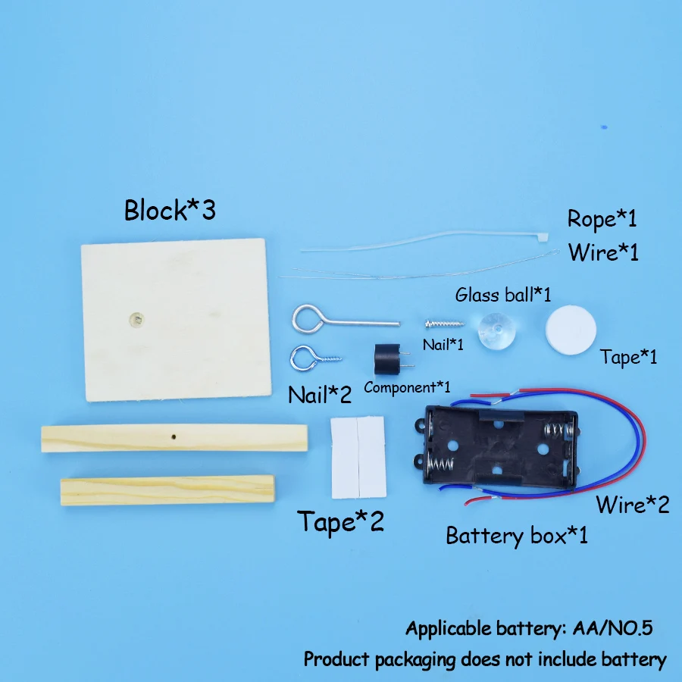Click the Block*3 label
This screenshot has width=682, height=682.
pos(170,210)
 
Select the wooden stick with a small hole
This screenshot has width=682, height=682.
pos(174,438)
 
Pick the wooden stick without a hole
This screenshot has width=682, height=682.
pos(167,490)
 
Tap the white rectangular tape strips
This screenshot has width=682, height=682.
pos(358,456)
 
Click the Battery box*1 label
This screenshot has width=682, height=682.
pos(516,536)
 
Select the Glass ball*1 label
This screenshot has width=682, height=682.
pos(502,294)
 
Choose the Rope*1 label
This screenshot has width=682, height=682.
pos(602,219)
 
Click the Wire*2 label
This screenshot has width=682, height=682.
pos(632,504)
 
